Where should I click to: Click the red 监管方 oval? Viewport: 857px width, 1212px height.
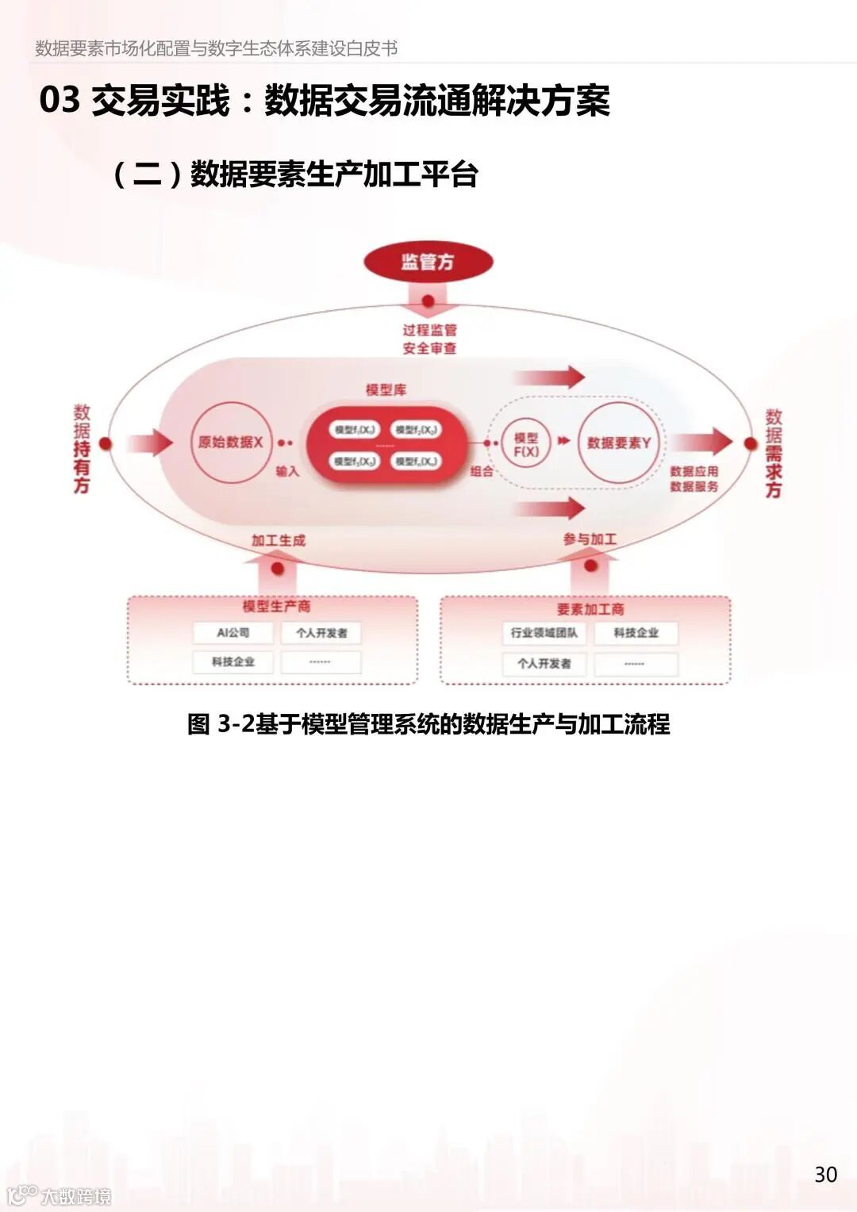[x=428, y=262]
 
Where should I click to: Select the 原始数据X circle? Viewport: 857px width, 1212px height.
[x=230, y=443]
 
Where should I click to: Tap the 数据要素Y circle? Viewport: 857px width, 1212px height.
[x=618, y=443]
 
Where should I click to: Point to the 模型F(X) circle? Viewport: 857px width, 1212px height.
[x=525, y=445]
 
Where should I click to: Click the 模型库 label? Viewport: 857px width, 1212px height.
[x=386, y=389]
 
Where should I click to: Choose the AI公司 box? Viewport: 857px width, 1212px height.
[x=233, y=633]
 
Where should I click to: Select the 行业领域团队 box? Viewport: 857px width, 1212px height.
[x=544, y=633]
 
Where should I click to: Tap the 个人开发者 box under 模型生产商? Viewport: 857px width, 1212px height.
[x=321, y=633]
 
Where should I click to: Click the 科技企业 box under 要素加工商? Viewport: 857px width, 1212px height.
[x=636, y=633]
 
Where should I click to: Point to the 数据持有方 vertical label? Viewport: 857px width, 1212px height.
[x=82, y=449]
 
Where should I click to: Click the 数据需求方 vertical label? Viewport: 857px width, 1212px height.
[x=774, y=453]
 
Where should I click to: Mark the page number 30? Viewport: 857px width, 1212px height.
[x=825, y=1175]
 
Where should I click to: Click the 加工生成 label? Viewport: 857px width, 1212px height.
[x=278, y=541]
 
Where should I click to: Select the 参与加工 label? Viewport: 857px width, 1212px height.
[x=590, y=539]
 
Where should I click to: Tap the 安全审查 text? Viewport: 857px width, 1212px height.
[x=429, y=348]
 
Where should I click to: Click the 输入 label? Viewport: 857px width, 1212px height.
[x=287, y=472]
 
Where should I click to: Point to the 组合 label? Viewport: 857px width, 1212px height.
[x=482, y=471]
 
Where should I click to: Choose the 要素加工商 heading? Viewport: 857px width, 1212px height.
[x=590, y=609]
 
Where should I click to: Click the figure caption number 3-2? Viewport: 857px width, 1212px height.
[x=236, y=724]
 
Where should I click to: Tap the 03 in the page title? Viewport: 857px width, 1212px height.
[x=60, y=101]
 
